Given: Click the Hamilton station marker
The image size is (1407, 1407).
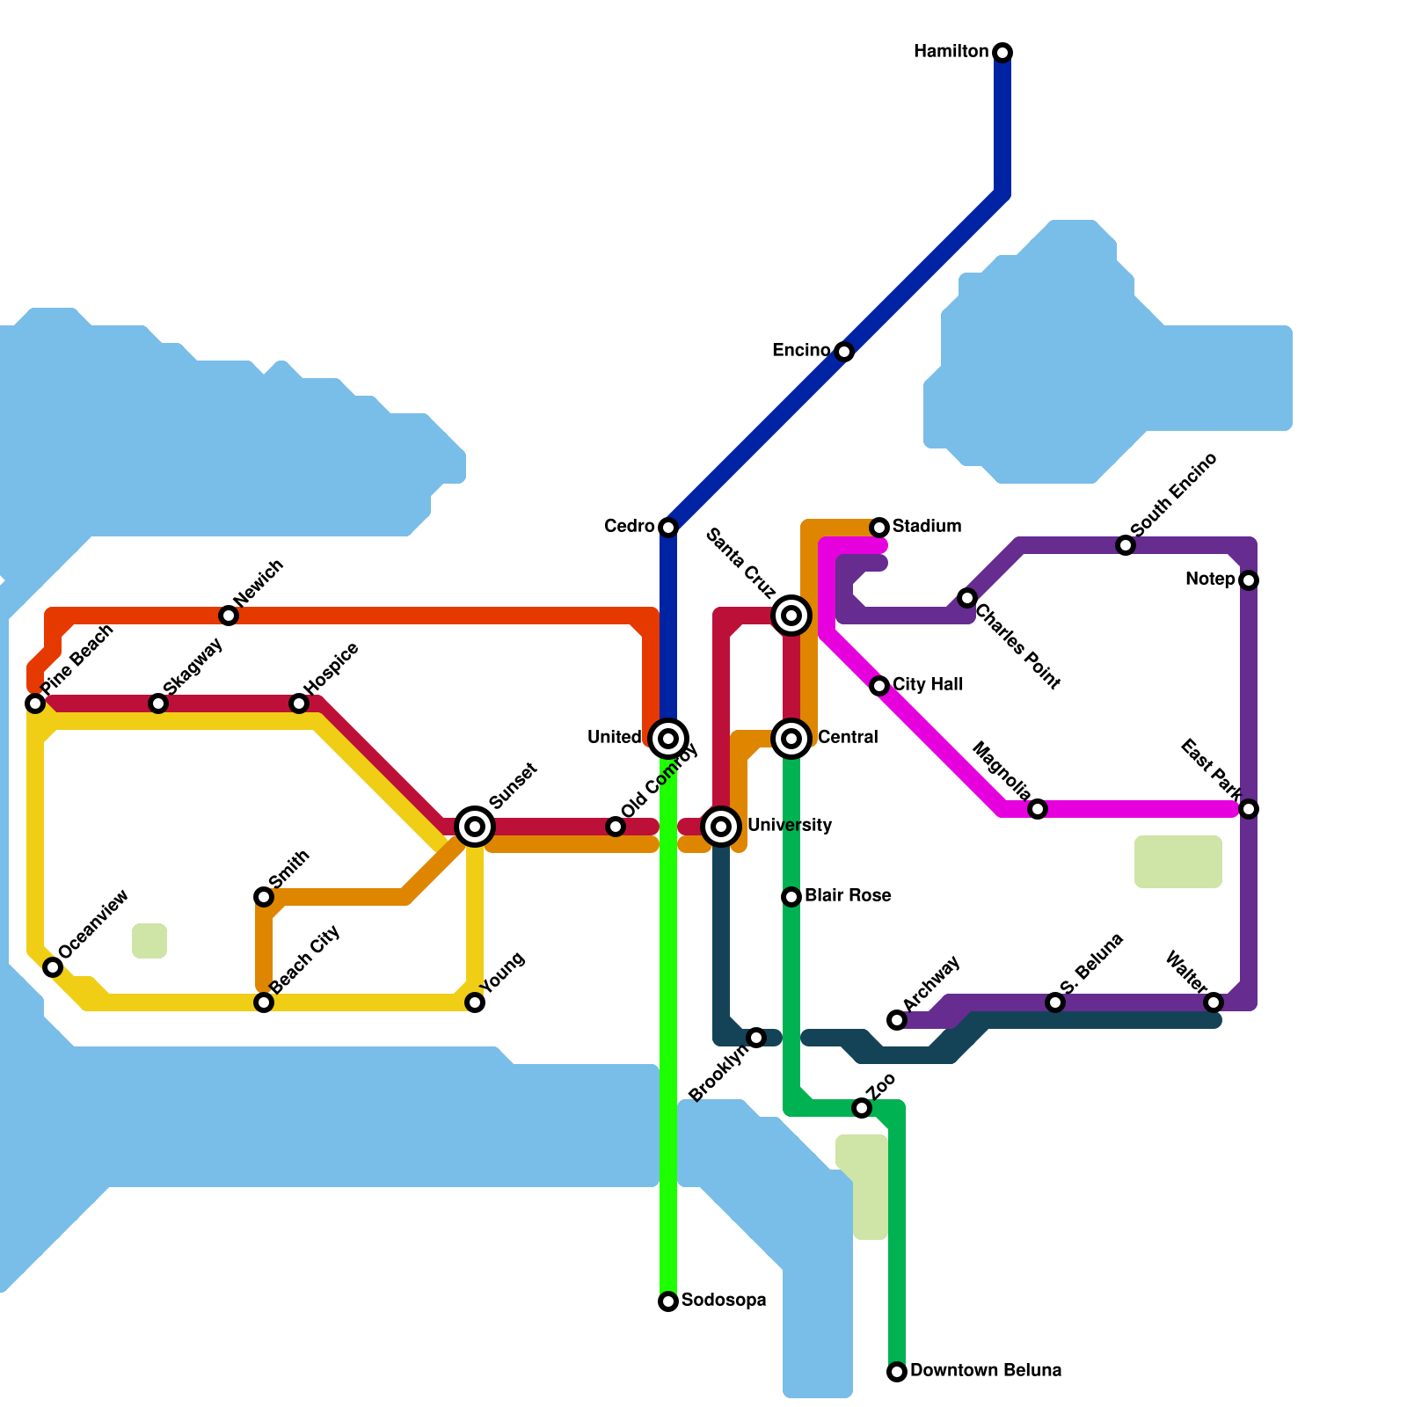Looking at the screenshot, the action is pyautogui.click(x=1002, y=53).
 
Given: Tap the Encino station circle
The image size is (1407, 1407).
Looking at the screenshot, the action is pyautogui.click(x=844, y=352).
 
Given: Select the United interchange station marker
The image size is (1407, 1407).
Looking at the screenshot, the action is pyautogui.click(x=668, y=738).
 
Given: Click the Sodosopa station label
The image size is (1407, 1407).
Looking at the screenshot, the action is pyautogui.click(x=724, y=1301).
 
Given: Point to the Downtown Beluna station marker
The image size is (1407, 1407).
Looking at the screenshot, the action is pyautogui.click(x=897, y=1372).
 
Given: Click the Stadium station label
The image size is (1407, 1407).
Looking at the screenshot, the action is pyautogui.click(x=927, y=527).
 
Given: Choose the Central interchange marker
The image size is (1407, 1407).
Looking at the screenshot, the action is pyautogui.click(x=791, y=738).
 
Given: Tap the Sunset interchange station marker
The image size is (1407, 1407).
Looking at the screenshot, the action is pyautogui.click(x=475, y=826).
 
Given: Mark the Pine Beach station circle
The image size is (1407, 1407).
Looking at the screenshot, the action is pyautogui.click(x=35, y=703).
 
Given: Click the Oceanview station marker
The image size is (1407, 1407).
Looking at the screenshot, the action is pyautogui.click(x=53, y=967).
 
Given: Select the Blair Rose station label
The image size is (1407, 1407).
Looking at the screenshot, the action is pyautogui.click(x=848, y=896).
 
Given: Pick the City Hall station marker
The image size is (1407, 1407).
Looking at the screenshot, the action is pyautogui.click(x=879, y=686).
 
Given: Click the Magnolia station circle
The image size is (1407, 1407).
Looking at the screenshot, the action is pyautogui.click(x=1038, y=809).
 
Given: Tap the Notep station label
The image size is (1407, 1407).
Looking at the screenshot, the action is pyautogui.click(x=1210, y=580).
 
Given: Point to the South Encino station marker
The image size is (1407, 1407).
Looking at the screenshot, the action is pyautogui.click(x=1126, y=545).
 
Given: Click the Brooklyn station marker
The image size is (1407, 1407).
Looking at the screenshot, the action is pyautogui.click(x=756, y=1038).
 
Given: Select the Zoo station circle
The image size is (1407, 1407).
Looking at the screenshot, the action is pyautogui.click(x=862, y=1108).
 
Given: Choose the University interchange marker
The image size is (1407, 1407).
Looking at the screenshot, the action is pyautogui.click(x=721, y=826).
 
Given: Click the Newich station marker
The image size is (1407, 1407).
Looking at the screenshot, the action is pyautogui.click(x=229, y=616).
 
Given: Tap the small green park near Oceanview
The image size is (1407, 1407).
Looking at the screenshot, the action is pyautogui.click(x=149, y=941).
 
